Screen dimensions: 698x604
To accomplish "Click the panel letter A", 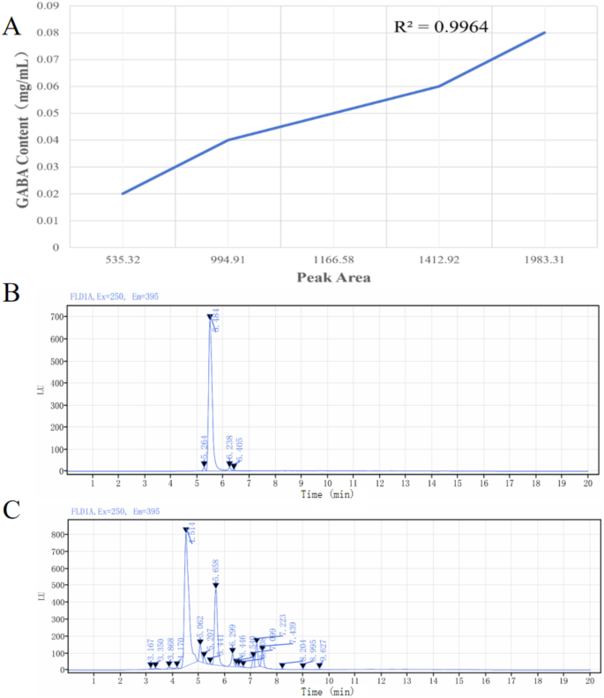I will point(12,26).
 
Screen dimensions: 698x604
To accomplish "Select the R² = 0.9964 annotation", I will point(442,26).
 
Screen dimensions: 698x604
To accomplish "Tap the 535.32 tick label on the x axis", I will point(123,260).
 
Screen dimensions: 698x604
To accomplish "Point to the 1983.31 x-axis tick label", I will point(544,260).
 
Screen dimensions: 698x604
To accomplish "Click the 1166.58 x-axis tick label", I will point(333,260).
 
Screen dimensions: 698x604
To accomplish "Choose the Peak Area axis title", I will point(332,277).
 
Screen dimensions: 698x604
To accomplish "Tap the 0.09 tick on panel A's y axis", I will point(48,6).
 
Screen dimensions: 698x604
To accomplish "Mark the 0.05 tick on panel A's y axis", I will point(48,114).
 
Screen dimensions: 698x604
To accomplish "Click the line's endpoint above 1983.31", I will point(545,33).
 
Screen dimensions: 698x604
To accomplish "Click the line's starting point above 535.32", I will point(123,193).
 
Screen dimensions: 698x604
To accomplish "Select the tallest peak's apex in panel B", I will point(210,317).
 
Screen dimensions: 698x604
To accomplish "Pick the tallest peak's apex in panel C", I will point(186,529).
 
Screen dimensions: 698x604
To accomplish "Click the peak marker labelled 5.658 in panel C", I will point(216,585).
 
